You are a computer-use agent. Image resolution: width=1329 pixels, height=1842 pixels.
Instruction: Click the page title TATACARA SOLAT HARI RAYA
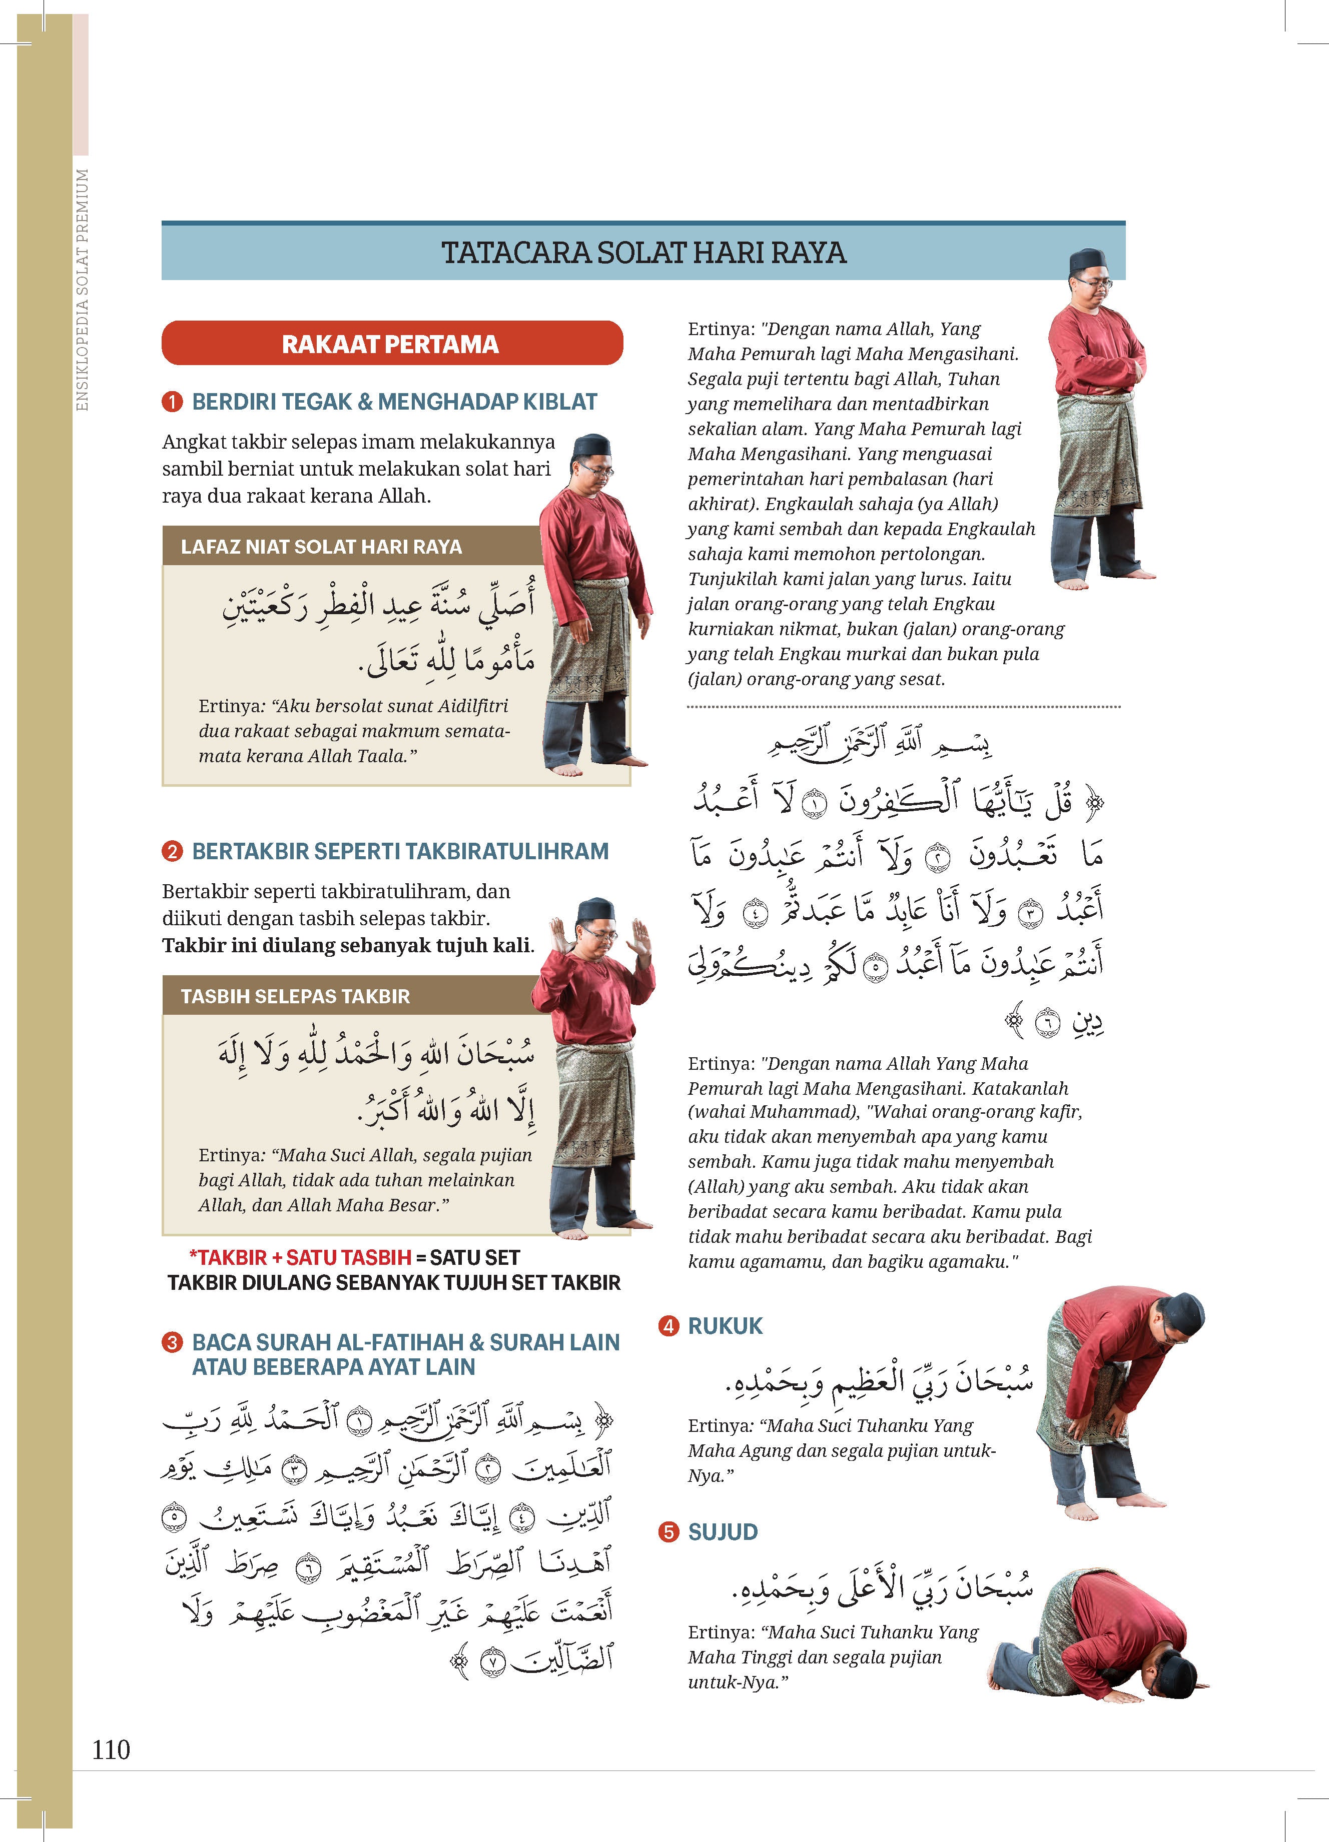tap(643, 253)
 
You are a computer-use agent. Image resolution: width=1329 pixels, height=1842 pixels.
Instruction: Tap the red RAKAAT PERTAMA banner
tap(392, 344)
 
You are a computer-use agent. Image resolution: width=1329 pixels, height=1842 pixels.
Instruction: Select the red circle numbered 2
tap(172, 851)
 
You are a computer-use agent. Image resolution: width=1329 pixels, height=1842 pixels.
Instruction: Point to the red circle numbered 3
tap(172, 1342)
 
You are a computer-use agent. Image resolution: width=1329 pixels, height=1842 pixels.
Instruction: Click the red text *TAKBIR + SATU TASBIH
tap(300, 1257)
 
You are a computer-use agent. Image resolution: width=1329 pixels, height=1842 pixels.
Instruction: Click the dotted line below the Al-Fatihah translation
tap(903, 707)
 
